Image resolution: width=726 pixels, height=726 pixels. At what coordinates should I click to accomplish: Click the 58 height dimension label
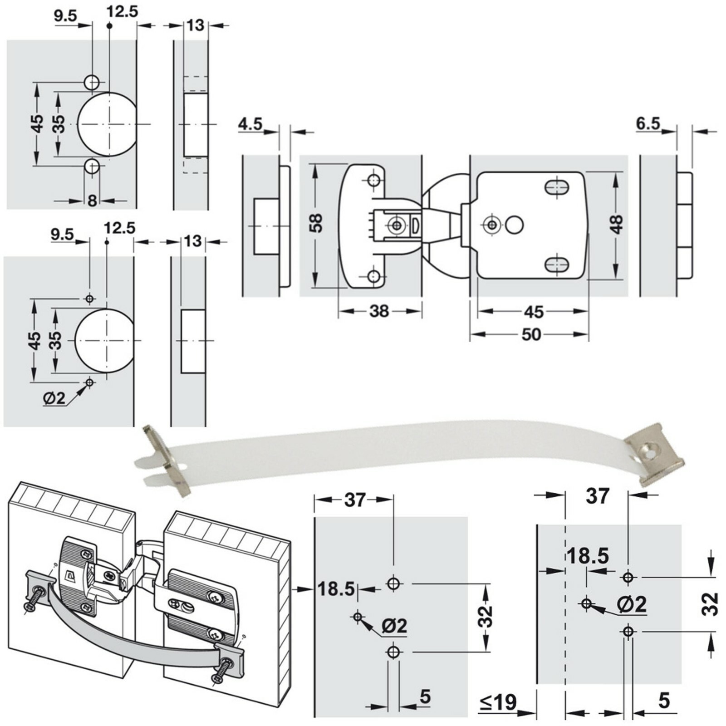(316, 223)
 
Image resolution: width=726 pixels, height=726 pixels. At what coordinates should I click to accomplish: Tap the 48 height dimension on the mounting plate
(616, 224)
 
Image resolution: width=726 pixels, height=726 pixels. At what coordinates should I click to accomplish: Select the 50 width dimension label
(531, 335)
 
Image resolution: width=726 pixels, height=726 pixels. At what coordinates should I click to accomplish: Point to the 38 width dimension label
(379, 311)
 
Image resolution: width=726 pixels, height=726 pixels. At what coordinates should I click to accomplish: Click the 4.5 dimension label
(250, 124)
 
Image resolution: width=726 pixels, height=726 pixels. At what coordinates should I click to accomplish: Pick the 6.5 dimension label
(648, 123)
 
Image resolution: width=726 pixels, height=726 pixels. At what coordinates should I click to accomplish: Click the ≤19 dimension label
(498, 702)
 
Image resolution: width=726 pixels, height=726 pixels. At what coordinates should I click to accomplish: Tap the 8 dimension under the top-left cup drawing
(92, 200)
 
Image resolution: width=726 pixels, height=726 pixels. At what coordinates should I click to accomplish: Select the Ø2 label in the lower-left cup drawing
(54, 398)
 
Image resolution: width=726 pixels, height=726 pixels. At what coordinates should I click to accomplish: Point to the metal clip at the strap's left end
(166, 461)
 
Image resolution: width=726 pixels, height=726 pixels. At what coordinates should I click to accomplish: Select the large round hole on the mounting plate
(514, 225)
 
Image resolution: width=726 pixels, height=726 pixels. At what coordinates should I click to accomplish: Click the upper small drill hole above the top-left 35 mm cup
(92, 82)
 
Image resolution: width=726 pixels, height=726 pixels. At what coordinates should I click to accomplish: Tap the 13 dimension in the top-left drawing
(195, 25)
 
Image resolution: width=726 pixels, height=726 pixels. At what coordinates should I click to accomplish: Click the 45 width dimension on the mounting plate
(533, 312)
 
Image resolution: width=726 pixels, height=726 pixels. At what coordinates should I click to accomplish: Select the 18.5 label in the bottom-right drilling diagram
(588, 556)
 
